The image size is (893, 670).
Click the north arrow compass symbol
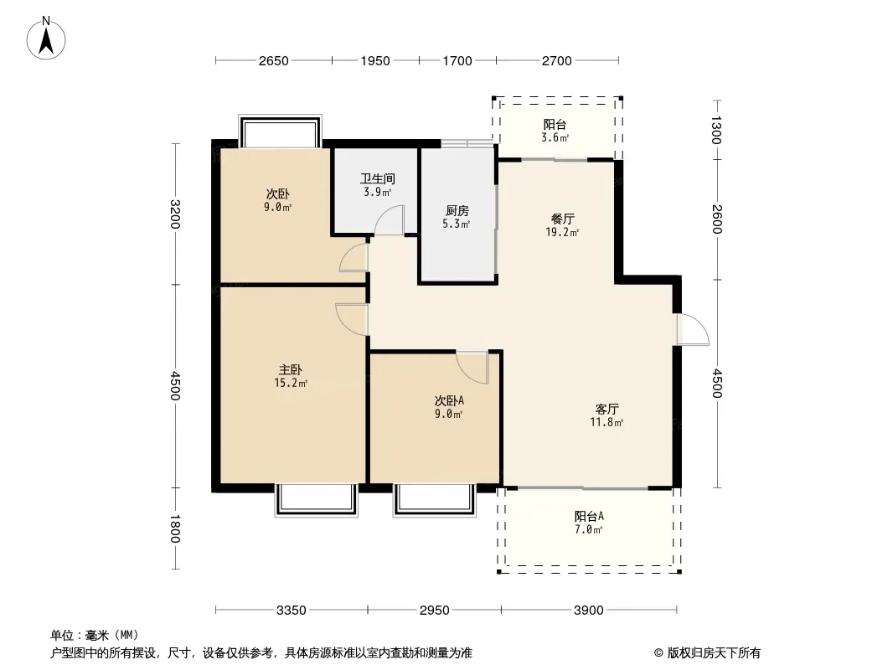pyautogui.click(x=46, y=38)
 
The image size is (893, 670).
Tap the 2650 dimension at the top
pyautogui.click(x=273, y=61)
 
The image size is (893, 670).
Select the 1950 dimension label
pyautogui.click(x=374, y=61)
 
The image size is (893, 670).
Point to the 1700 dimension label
pyautogui.click(x=457, y=61)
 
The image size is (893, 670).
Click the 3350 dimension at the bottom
pyautogui.click(x=291, y=611)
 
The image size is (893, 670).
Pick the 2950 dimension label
pyautogui.click(x=435, y=611)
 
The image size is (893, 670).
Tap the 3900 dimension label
pyautogui.click(x=588, y=611)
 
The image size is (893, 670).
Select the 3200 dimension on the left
pyautogui.click(x=175, y=214)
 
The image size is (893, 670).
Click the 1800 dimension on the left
pyautogui.click(x=175, y=528)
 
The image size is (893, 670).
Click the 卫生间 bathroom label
pyautogui.click(x=378, y=178)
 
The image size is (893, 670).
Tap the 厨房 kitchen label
pyautogui.click(x=457, y=211)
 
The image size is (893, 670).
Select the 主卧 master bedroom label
pyautogui.click(x=291, y=370)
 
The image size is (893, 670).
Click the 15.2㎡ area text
pyautogui.click(x=291, y=383)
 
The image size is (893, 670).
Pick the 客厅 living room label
pyautogui.click(x=607, y=410)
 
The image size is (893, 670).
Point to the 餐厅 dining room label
pyautogui.click(x=562, y=219)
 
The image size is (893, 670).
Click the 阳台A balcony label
pyautogui.click(x=588, y=516)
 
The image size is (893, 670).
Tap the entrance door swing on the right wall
pyautogui.click(x=693, y=329)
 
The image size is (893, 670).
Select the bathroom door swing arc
pyautogui.click(x=389, y=219)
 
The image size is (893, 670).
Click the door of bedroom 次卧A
pyautogui.click(x=472, y=367)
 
